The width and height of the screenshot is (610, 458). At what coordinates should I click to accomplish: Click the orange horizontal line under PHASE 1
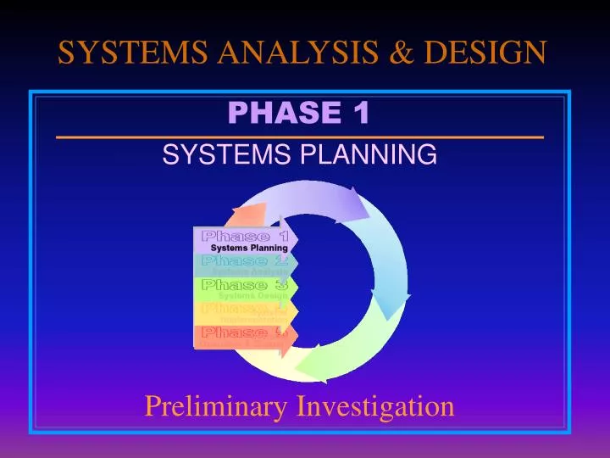pyautogui.click(x=299, y=137)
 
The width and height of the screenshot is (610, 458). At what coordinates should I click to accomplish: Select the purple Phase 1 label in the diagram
pyautogui.click(x=244, y=235)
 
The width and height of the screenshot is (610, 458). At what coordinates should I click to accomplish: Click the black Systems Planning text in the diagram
pyautogui.click(x=249, y=248)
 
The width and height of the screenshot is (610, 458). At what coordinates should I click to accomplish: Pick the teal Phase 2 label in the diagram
pyautogui.click(x=244, y=260)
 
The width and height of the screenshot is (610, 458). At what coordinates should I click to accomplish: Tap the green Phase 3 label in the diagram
pyautogui.click(x=244, y=284)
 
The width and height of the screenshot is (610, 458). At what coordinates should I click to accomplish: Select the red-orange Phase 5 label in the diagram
pyautogui.click(x=244, y=332)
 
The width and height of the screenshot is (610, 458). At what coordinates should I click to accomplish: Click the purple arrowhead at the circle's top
pyautogui.click(x=352, y=204)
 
